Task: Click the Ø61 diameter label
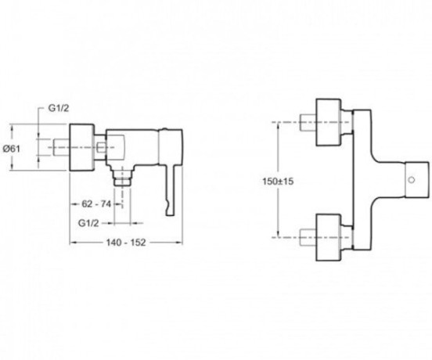pyautogui.click(x=12, y=149)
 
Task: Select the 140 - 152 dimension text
pyautogui.click(x=126, y=243)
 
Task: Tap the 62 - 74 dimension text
pyautogui.click(x=96, y=204)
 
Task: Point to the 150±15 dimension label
pyautogui.click(x=278, y=182)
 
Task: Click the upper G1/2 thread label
pyautogui.click(x=59, y=108)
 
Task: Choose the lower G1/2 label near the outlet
pyautogui.click(x=88, y=223)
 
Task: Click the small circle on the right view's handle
pyautogui.click(x=412, y=180)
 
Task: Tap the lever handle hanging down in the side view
pyautogui.click(x=171, y=190)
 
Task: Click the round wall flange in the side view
pyautogui.click(x=82, y=147)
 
